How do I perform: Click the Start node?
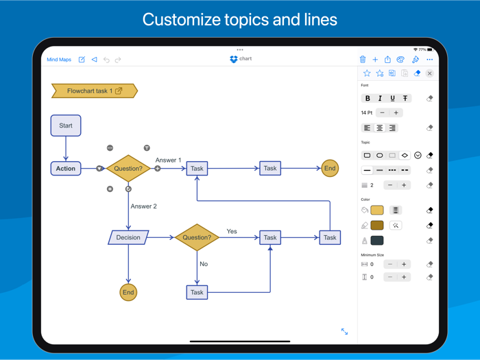66,125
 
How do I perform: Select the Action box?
66,168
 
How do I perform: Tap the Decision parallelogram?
128,237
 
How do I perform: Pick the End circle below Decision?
128,292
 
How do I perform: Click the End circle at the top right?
330,168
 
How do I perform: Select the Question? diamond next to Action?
128,168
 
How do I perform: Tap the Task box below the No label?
197,292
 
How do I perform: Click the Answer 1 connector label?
168,160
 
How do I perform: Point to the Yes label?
232,231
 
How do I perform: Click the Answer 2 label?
144,206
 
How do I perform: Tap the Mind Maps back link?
59,60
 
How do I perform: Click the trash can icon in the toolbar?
363,60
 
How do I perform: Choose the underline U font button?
392,99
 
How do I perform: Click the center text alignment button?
380,128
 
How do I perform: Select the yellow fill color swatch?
377,210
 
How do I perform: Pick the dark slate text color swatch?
377,241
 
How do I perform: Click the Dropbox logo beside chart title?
234,60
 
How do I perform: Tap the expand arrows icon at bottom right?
344,332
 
